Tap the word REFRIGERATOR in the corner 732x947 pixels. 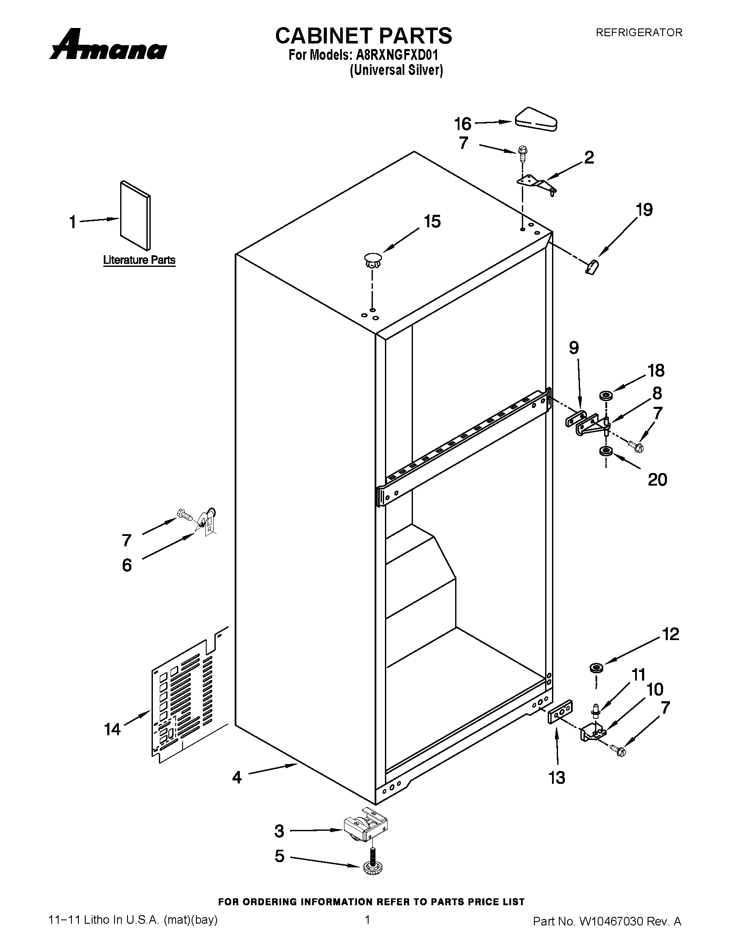point(639,33)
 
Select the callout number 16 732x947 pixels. point(463,124)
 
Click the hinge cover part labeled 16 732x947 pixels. point(536,119)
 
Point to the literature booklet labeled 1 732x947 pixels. point(136,216)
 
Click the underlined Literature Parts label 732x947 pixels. point(139,260)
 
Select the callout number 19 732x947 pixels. point(645,210)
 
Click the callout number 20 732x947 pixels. point(657,480)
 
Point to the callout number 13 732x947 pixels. point(557,777)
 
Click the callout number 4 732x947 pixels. point(237,777)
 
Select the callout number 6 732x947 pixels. point(127,565)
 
